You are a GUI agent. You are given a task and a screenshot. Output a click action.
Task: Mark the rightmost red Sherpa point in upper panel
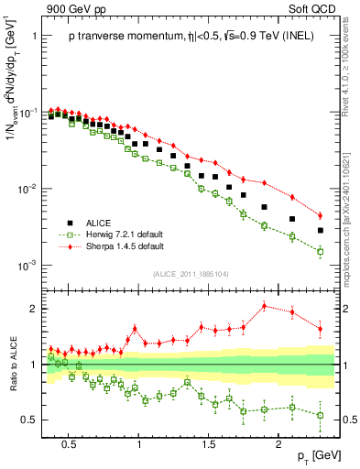tap(320, 215)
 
